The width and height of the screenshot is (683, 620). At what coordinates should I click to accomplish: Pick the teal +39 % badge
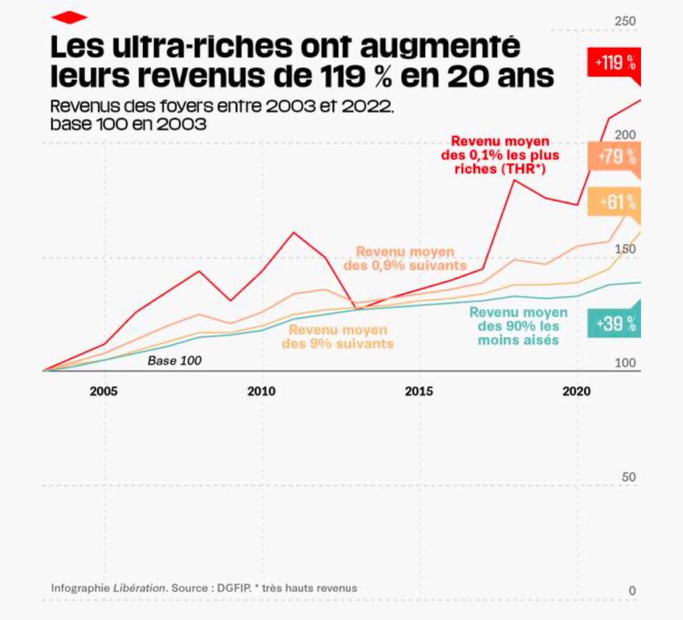(615, 323)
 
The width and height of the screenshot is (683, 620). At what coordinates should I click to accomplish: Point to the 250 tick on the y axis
(625, 22)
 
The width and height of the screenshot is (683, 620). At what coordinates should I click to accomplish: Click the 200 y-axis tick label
(625, 135)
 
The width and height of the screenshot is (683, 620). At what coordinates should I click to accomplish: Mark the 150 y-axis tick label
(625, 249)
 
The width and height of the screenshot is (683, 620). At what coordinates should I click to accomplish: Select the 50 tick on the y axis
(629, 477)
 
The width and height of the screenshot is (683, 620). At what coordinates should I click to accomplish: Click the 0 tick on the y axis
(632, 591)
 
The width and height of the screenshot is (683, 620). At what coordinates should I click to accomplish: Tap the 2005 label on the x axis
(104, 391)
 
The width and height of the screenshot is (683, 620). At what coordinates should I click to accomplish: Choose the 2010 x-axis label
(261, 391)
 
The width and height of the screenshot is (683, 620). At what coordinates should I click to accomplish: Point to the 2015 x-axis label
(419, 391)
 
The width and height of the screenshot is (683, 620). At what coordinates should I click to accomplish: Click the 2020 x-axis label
(577, 391)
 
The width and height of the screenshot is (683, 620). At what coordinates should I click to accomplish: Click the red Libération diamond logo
(69, 18)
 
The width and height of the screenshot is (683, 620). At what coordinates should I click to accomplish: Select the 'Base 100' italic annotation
(175, 361)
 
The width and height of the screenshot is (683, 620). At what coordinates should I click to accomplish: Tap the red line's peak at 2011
(293, 232)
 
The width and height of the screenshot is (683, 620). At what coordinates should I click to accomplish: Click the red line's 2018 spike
(514, 180)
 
